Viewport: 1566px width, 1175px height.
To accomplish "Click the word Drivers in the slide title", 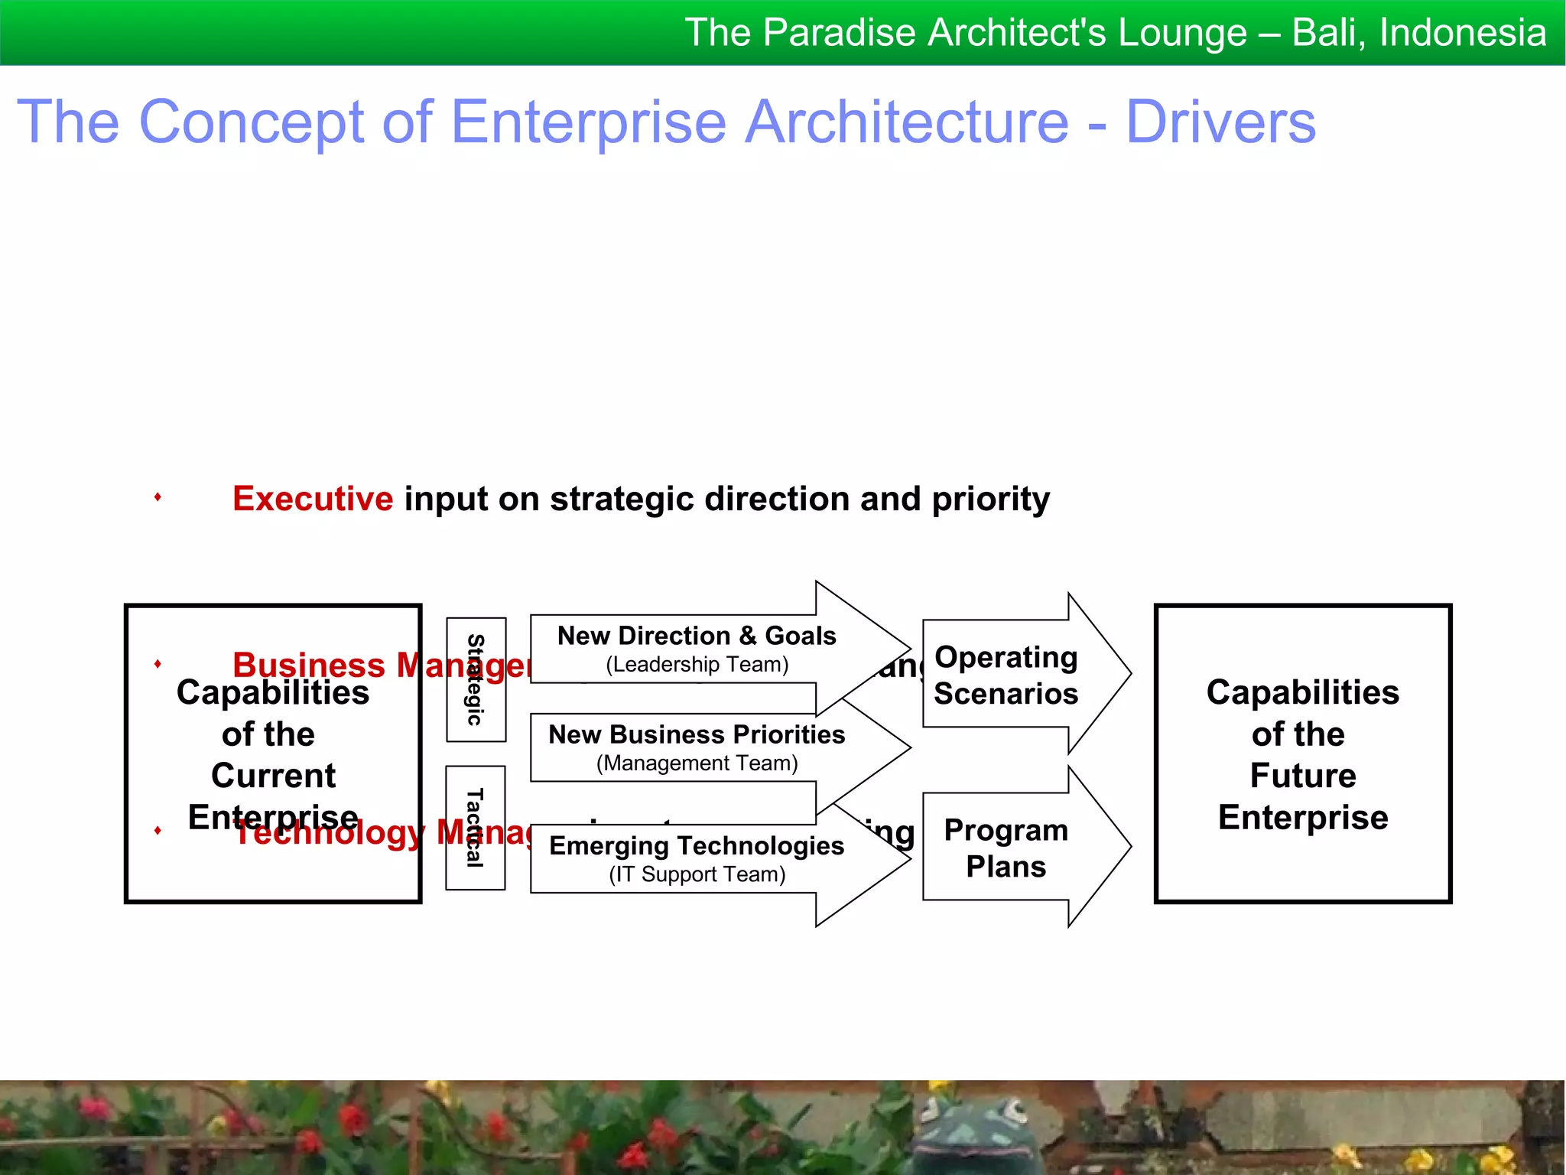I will pyautogui.click(x=1220, y=122).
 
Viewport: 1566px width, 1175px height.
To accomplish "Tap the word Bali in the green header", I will pyautogui.click(x=1327, y=33).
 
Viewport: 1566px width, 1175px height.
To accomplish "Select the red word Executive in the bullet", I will pyautogui.click(x=313, y=499).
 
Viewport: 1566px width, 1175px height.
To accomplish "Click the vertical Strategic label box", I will pyautogui.click(x=476, y=679).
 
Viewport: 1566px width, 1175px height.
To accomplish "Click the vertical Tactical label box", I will pyautogui.click(x=475, y=828).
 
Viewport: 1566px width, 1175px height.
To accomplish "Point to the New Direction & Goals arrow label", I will pyautogui.click(x=697, y=636).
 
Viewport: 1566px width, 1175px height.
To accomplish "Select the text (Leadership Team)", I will pyautogui.click(x=697, y=665).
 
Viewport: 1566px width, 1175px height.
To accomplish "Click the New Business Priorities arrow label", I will pyautogui.click(x=697, y=734).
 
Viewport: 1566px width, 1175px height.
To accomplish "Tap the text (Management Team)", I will pyautogui.click(x=697, y=763).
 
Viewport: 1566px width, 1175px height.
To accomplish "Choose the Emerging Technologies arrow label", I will pyautogui.click(x=697, y=845).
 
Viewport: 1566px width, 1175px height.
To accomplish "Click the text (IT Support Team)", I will pyautogui.click(x=697, y=874).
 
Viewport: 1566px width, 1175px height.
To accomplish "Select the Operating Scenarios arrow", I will pyautogui.click(x=1006, y=675).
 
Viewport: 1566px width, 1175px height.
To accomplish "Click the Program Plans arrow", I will pyautogui.click(x=1006, y=848).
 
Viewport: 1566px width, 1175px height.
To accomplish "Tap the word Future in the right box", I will pyautogui.click(x=1303, y=776).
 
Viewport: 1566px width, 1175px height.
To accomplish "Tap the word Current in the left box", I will pyautogui.click(x=273, y=776).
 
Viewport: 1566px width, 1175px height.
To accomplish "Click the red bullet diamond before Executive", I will pyautogui.click(x=158, y=497).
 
